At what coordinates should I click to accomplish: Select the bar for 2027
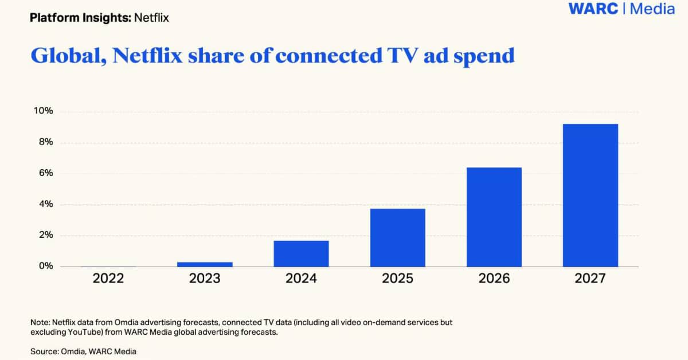click(590, 195)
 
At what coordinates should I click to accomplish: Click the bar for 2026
click(494, 217)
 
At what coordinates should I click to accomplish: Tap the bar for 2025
click(397, 237)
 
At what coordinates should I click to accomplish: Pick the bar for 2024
click(301, 253)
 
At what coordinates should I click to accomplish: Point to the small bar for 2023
click(205, 264)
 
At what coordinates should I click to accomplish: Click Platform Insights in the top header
click(80, 18)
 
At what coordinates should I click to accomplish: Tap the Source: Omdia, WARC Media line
click(84, 351)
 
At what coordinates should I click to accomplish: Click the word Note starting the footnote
click(40, 323)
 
